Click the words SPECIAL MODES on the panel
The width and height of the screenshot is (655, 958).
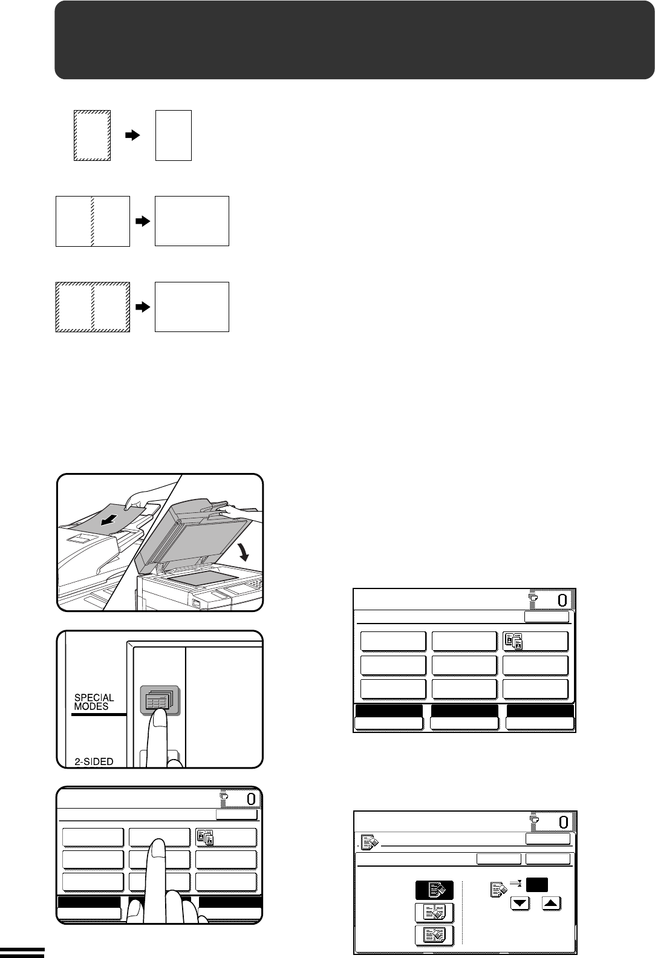(x=94, y=702)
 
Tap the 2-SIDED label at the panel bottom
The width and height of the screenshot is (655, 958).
(x=94, y=761)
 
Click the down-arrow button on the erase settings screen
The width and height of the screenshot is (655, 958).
(x=520, y=904)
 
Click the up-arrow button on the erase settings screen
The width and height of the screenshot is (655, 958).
(x=552, y=904)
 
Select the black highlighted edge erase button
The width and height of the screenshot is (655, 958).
(x=434, y=890)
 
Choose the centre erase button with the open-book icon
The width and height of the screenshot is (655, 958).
(x=434, y=913)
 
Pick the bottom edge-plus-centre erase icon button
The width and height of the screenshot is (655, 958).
(x=434, y=936)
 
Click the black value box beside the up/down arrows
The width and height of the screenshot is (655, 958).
(x=537, y=884)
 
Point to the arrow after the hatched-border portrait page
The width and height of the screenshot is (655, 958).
(x=132, y=135)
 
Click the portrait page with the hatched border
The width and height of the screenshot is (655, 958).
(x=93, y=135)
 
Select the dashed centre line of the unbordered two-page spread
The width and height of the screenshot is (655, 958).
(x=93, y=221)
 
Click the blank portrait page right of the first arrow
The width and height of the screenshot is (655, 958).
(x=173, y=135)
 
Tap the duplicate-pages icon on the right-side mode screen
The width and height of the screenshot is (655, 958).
(x=513, y=641)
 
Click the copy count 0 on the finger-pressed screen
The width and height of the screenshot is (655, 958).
(x=252, y=799)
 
